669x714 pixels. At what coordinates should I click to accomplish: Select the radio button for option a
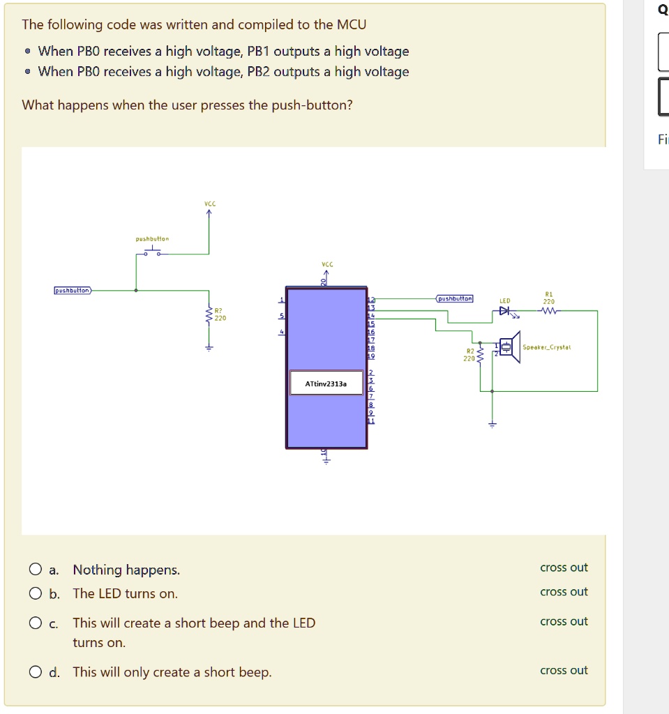coord(36,570)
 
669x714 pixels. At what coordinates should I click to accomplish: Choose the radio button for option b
coord(36,594)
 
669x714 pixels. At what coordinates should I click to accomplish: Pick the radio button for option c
coord(36,623)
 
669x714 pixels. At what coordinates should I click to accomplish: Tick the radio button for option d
coord(36,673)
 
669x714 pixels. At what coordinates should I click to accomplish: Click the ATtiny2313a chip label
coord(326,383)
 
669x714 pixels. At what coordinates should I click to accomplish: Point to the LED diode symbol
coord(505,310)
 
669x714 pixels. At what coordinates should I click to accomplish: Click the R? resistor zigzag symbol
coord(207,317)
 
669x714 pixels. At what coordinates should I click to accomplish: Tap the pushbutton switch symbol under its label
coord(151,253)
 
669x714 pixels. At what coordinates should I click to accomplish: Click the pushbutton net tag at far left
coord(73,290)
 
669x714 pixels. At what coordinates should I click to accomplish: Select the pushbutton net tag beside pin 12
coord(455,298)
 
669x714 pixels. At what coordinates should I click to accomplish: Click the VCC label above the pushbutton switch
coord(209,204)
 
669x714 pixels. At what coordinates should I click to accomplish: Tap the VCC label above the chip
coord(326,265)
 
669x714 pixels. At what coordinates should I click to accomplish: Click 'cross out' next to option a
coord(564,568)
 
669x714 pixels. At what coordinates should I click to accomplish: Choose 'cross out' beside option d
coord(564,671)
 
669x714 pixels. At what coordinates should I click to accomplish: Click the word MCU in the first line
coord(352,25)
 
